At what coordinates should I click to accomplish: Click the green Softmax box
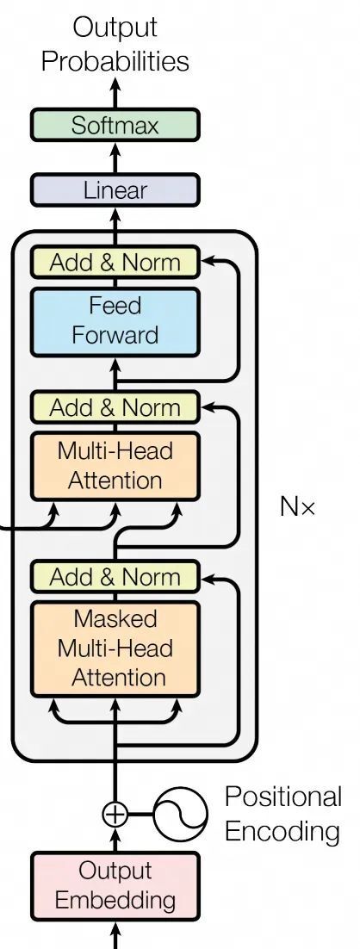pyautogui.click(x=115, y=126)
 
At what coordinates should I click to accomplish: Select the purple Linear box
pyautogui.click(x=115, y=190)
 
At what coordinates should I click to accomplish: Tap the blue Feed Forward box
pyautogui.click(x=115, y=321)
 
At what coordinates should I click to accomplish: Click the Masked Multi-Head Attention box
pyautogui.click(x=115, y=648)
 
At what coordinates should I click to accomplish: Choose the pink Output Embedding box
pyautogui.click(x=115, y=885)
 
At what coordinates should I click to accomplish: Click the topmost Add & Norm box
pyautogui.click(x=115, y=262)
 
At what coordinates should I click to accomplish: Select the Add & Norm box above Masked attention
pyautogui.click(x=115, y=576)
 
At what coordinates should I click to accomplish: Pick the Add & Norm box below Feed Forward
pyautogui.click(x=115, y=406)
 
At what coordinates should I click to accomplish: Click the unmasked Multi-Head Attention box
pyautogui.click(x=115, y=466)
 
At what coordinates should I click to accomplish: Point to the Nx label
pyautogui.click(x=297, y=506)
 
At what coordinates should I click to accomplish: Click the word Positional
pyautogui.click(x=282, y=797)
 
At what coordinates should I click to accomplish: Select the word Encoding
pyautogui.click(x=282, y=832)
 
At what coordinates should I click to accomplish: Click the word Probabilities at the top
pyautogui.click(x=115, y=61)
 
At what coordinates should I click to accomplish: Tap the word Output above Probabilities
pyautogui.click(x=115, y=28)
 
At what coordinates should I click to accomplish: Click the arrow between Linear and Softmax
pyautogui.click(x=115, y=158)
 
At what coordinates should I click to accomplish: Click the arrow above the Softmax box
pyautogui.click(x=115, y=93)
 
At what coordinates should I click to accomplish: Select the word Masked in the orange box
pyautogui.click(x=115, y=618)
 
